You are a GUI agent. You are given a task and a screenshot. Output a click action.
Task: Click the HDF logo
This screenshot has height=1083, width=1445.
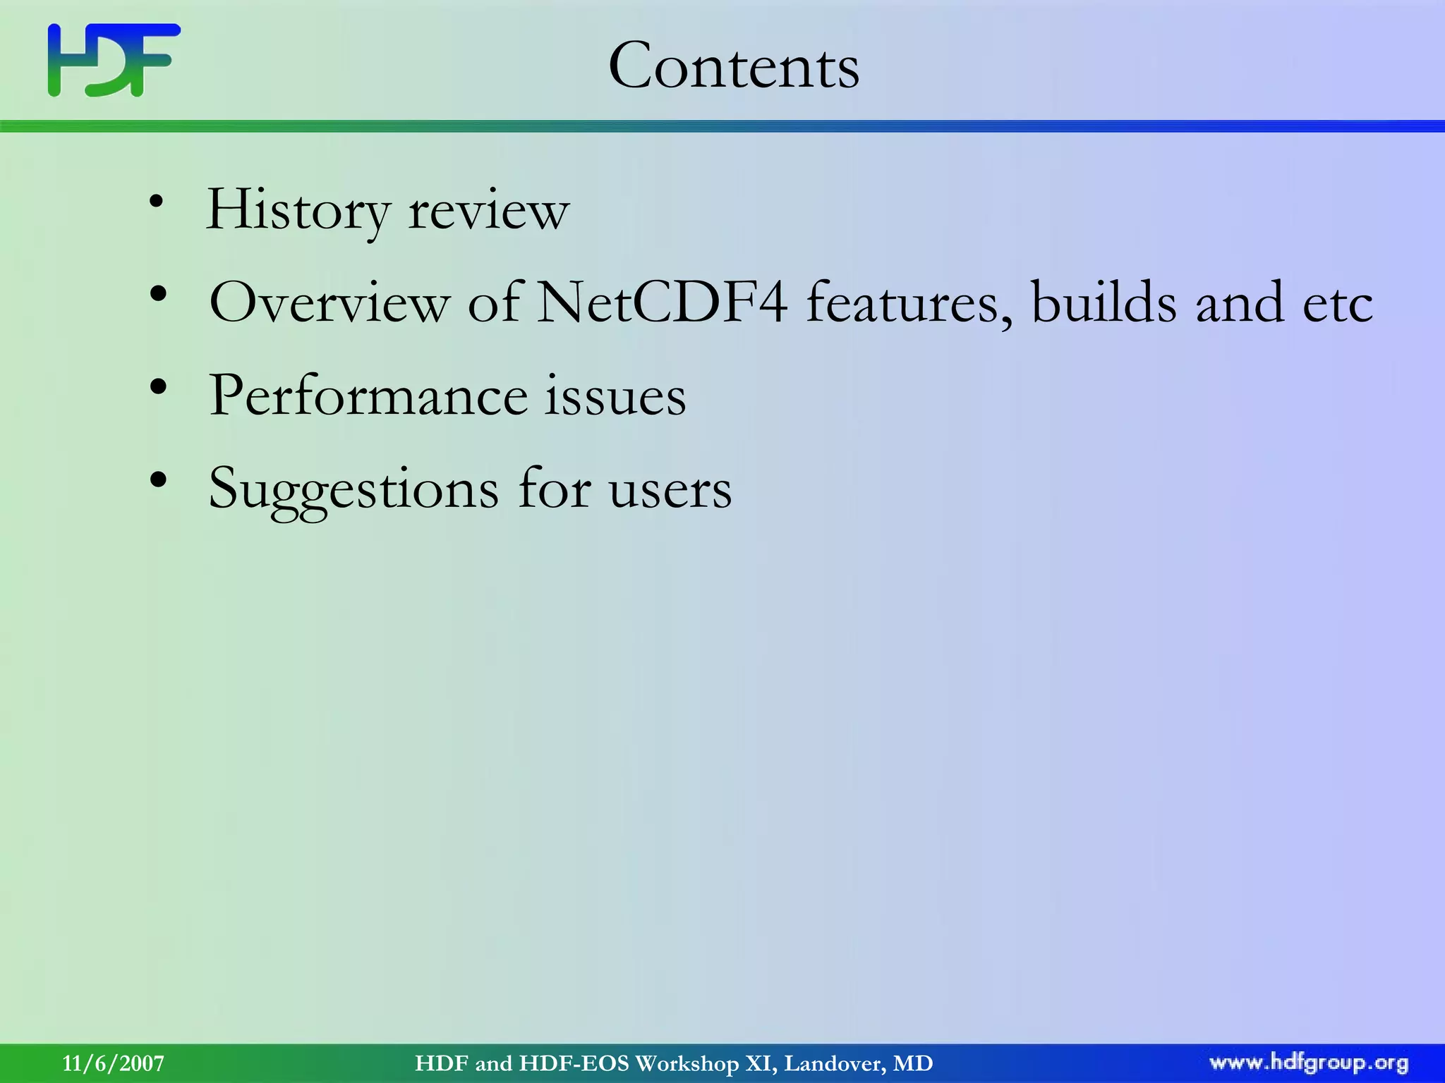[114, 60]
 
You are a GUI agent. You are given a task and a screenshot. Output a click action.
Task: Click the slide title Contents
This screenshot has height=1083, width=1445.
[734, 66]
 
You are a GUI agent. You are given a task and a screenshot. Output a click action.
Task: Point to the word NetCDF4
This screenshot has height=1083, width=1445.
[662, 302]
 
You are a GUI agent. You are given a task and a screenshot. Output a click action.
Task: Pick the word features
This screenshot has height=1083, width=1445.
[909, 302]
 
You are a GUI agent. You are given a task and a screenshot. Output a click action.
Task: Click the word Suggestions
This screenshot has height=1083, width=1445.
[353, 489]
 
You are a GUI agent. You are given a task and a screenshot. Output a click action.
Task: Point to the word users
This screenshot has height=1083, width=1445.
[670, 489]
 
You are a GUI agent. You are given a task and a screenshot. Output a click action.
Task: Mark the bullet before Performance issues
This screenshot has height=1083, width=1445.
[159, 386]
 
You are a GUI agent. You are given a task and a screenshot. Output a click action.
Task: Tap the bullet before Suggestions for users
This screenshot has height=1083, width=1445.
[159, 479]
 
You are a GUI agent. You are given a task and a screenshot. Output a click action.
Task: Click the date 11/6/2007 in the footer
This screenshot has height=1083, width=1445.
[114, 1063]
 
